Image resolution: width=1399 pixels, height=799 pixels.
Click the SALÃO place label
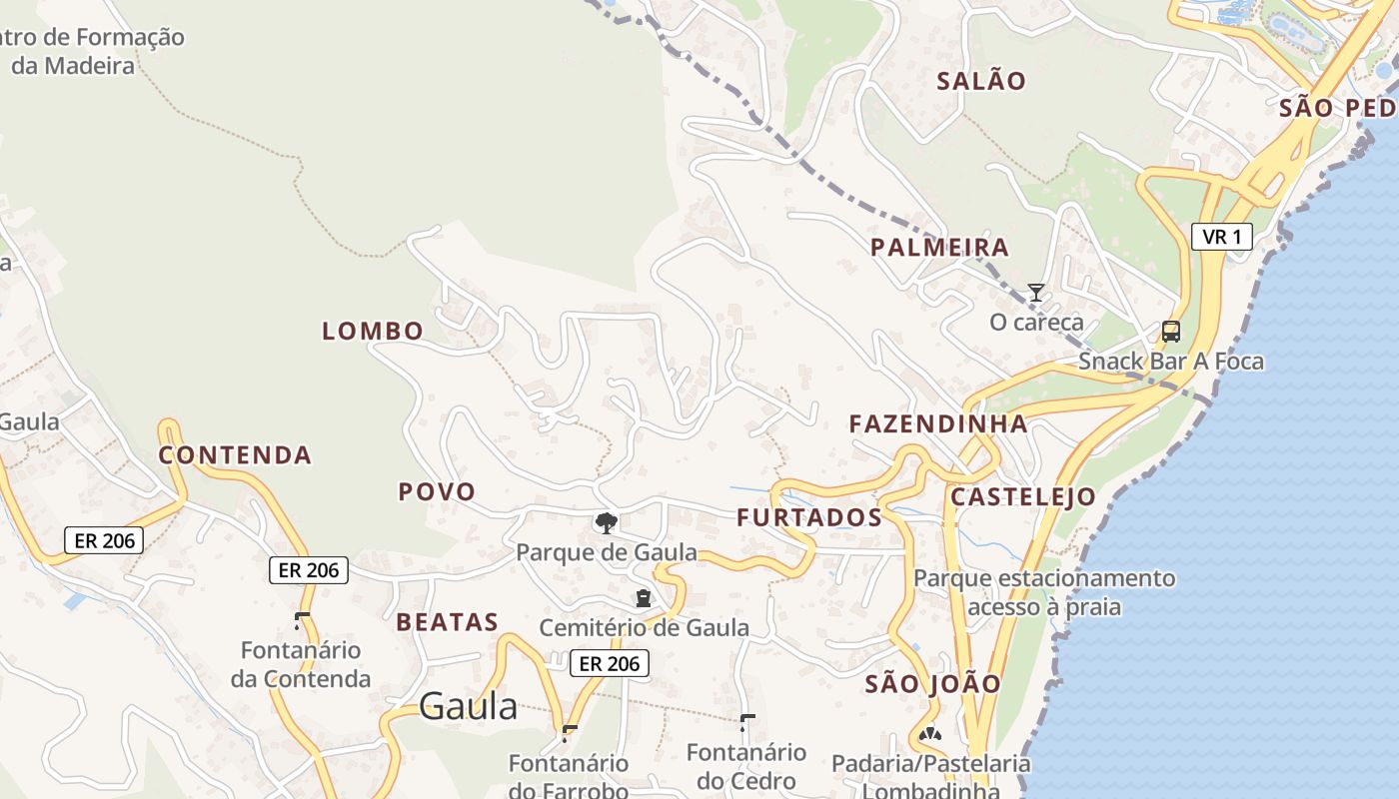click(981, 81)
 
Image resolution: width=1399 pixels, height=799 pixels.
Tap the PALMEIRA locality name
click(939, 247)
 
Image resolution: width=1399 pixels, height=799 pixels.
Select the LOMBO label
click(373, 331)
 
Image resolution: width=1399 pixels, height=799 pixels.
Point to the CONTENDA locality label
click(236, 455)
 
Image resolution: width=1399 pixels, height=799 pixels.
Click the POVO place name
click(437, 491)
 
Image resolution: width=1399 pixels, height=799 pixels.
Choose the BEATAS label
click(447, 622)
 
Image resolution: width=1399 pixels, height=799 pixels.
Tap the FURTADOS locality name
click(809, 517)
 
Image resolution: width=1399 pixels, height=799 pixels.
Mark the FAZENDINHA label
click(938, 423)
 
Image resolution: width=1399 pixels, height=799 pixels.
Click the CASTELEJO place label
click(1022, 496)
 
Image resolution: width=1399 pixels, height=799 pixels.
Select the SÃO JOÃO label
click(932, 684)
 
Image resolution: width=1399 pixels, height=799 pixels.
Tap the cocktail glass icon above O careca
click(1036, 293)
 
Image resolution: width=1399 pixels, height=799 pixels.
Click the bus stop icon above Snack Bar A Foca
click(1170, 332)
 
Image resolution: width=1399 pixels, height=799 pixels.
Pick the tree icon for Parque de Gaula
click(606, 522)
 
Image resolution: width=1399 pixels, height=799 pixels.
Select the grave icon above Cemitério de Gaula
click(644, 598)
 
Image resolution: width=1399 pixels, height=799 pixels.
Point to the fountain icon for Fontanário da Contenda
click(301, 620)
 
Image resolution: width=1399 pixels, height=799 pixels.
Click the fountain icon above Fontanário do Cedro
click(746, 722)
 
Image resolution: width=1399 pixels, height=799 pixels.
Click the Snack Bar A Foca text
click(1170, 362)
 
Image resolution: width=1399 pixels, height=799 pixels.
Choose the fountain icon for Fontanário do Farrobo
click(570, 733)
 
